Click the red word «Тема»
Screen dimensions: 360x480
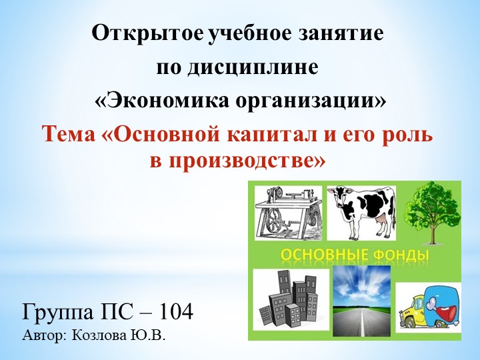70,133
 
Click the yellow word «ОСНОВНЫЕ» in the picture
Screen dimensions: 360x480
322,255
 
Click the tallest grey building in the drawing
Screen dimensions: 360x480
283,293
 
